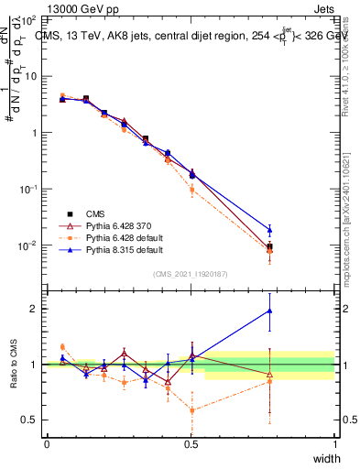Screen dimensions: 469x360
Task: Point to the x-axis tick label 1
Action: (334, 444)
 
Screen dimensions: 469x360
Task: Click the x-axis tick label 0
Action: (47, 444)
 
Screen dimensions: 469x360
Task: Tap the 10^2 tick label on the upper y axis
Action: (27, 19)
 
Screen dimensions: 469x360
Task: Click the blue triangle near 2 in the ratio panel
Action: (269, 311)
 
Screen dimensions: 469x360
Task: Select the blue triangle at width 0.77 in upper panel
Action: (269, 230)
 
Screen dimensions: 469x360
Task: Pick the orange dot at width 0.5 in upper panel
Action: (191, 190)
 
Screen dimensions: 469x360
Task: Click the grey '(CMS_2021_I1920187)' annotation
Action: (191, 272)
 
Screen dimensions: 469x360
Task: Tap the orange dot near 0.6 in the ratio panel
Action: (191, 410)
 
